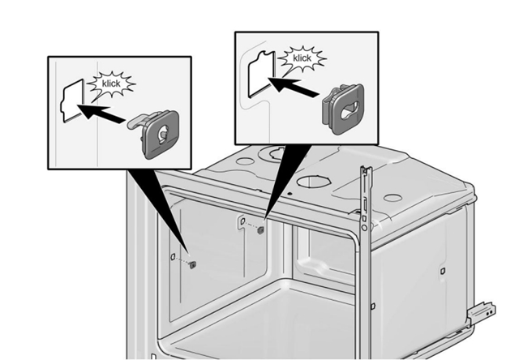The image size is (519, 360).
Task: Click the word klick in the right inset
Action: [x=302, y=58]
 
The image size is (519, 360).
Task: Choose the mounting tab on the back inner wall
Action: [x=242, y=221]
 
